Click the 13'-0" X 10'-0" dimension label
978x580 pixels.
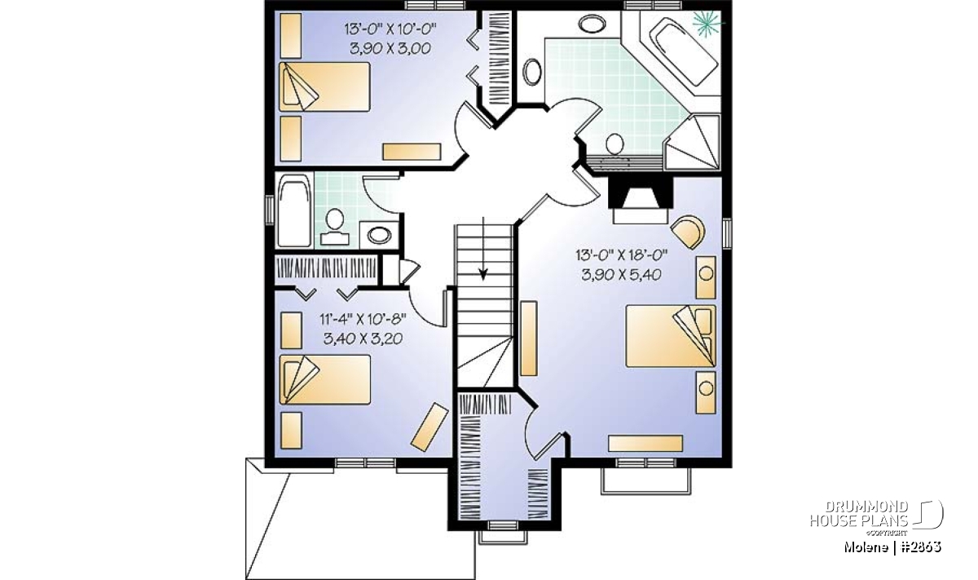point(390,29)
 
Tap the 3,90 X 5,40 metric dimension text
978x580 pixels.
point(621,274)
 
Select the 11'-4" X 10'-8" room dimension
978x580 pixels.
point(363,319)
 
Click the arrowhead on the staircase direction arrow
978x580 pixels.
point(482,274)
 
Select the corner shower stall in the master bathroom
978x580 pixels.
point(692,143)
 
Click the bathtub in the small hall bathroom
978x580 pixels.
point(295,210)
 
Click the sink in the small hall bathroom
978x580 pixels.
point(378,235)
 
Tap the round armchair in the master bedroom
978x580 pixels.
point(689,232)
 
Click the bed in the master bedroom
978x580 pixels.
point(670,336)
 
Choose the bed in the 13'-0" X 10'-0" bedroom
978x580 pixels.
point(324,86)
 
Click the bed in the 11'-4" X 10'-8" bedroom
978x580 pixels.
point(324,379)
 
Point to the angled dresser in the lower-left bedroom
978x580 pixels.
point(430,427)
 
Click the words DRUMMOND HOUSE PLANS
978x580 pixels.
point(859,513)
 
